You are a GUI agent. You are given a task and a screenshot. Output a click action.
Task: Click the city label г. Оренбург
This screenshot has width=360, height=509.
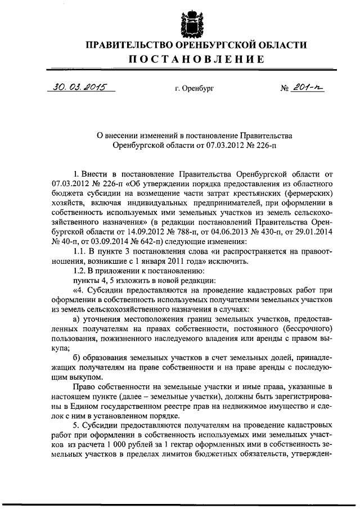click(x=194, y=88)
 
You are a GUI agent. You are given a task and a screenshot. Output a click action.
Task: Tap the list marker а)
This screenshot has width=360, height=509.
click(x=78, y=318)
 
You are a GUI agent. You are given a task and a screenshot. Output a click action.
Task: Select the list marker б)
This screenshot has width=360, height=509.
click(x=78, y=358)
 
